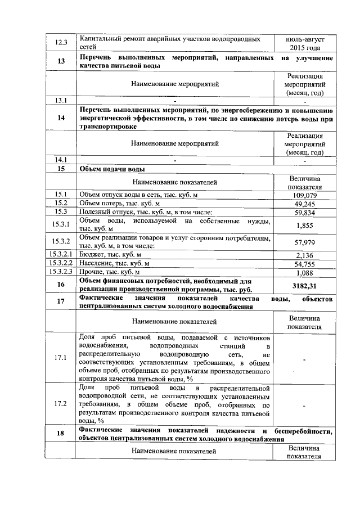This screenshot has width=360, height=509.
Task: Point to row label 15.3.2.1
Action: click(x=60, y=255)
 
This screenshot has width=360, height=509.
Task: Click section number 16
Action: click(x=60, y=285)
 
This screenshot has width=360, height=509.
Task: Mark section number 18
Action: click(x=60, y=434)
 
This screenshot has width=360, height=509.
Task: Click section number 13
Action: click(x=60, y=62)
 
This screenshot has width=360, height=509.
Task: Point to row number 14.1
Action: click(x=60, y=160)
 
